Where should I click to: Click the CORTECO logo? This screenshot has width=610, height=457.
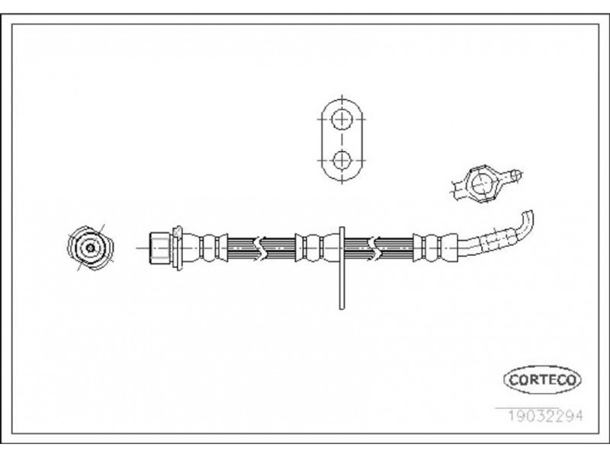click(x=542, y=379)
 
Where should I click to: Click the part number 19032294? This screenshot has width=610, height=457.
click(x=546, y=416)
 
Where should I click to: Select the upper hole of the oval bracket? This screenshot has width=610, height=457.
click(x=342, y=119)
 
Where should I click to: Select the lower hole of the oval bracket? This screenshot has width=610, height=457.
click(x=342, y=160)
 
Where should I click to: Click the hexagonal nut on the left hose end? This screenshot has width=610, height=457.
click(x=159, y=248)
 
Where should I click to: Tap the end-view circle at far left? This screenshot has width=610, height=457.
click(x=90, y=248)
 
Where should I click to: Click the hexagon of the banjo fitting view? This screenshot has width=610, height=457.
click(x=482, y=184)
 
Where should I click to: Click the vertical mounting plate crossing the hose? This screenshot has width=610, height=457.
click(x=342, y=268)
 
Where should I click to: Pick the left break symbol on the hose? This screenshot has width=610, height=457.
click(x=258, y=248)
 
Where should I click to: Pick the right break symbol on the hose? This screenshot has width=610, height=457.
click(x=372, y=248)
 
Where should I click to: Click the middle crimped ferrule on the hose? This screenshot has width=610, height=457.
click(x=317, y=248)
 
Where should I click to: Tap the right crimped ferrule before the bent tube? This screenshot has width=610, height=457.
click(x=435, y=248)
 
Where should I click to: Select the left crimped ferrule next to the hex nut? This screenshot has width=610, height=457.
click(x=205, y=248)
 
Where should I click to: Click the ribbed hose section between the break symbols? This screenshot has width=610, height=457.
click(x=278, y=248)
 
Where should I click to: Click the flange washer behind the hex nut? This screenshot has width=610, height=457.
click(x=177, y=248)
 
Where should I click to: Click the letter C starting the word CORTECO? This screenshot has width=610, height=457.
click(x=513, y=379)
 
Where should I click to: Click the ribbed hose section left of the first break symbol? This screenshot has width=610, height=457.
click(x=241, y=248)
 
